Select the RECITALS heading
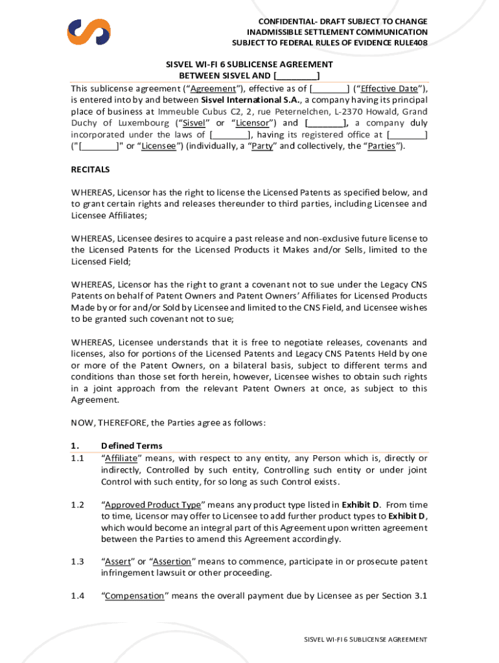90,170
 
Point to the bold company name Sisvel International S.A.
250,100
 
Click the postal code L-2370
348,111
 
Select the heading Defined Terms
132,445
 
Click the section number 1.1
78,458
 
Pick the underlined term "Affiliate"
125,458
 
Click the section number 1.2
78,505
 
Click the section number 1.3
78,562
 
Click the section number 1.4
78,596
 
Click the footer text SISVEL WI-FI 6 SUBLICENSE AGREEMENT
366,640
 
